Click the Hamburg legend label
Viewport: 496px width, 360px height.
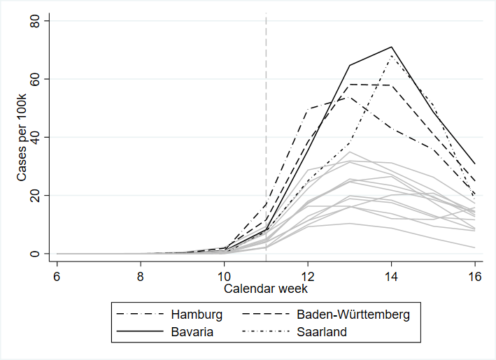coord(197,315)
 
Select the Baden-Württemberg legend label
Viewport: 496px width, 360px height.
coord(353,315)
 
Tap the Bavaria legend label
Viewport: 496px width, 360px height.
coord(192,332)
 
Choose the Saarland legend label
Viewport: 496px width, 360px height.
coord(322,332)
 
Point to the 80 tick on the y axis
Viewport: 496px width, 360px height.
coord(34,20)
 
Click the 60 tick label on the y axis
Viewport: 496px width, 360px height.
coord(34,79)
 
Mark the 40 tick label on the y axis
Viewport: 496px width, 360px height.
coord(34,137)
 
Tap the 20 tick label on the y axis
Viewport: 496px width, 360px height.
coord(34,195)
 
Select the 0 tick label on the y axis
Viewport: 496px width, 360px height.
coord(34,254)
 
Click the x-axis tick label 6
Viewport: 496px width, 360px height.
coord(57,277)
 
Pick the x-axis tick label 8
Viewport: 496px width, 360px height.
coord(141,277)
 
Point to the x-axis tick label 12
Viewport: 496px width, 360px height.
coord(308,277)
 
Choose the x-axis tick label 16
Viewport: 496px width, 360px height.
coord(475,277)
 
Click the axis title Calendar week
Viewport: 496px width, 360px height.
coord(266,289)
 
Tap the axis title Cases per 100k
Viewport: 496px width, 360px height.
coord(22,137)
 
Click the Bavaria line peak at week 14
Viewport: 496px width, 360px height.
coord(391,47)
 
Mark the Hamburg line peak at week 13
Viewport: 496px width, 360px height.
coord(349,96)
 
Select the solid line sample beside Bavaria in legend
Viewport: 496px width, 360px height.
coord(140,331)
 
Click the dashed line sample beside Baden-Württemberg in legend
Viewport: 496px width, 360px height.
coord(266,314)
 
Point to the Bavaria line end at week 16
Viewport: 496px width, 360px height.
coord(475,164)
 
